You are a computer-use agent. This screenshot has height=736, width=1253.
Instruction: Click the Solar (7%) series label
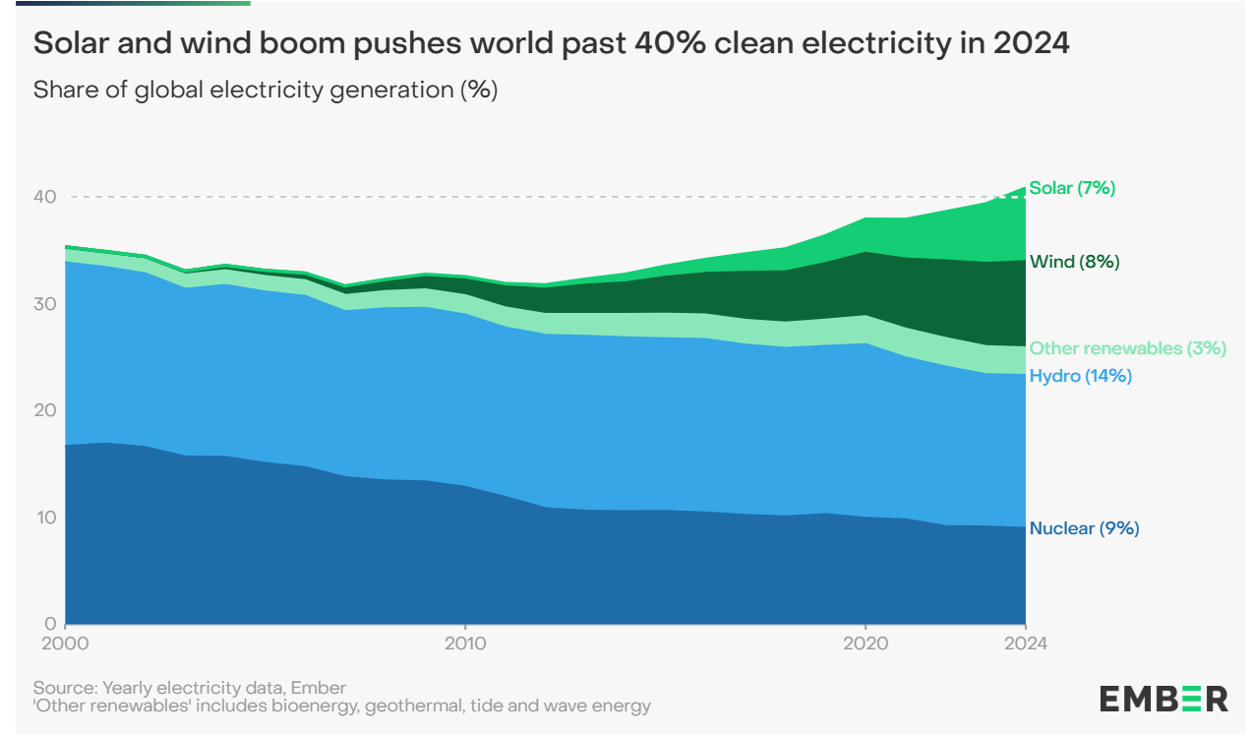pyautogui.click(x=1072, y=188)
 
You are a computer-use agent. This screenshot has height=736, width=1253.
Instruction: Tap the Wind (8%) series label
pyautogui.click(x=1074, y=262)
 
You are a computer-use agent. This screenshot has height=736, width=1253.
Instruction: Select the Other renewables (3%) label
pyautogui.click(x=1127, y=348)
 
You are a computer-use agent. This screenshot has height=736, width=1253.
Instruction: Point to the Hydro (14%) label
pyautogui.click(x=1080, y=376)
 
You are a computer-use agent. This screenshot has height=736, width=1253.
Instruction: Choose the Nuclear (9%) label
pyautogui.click(x=1084, y=528)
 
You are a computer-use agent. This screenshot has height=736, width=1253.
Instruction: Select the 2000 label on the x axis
pyautogui.click(x=65, y=644)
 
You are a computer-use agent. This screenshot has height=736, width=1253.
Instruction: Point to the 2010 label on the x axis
pyautogui.click(x=464, y=644)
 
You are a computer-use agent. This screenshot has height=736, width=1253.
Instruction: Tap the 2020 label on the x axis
pyautogui.click(x=865, y=644)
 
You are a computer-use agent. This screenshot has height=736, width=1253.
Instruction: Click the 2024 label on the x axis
pyautogui.click(x=1025, y=644)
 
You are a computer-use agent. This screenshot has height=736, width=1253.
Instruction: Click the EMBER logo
pyautogui.click(x=1163, y=699)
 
